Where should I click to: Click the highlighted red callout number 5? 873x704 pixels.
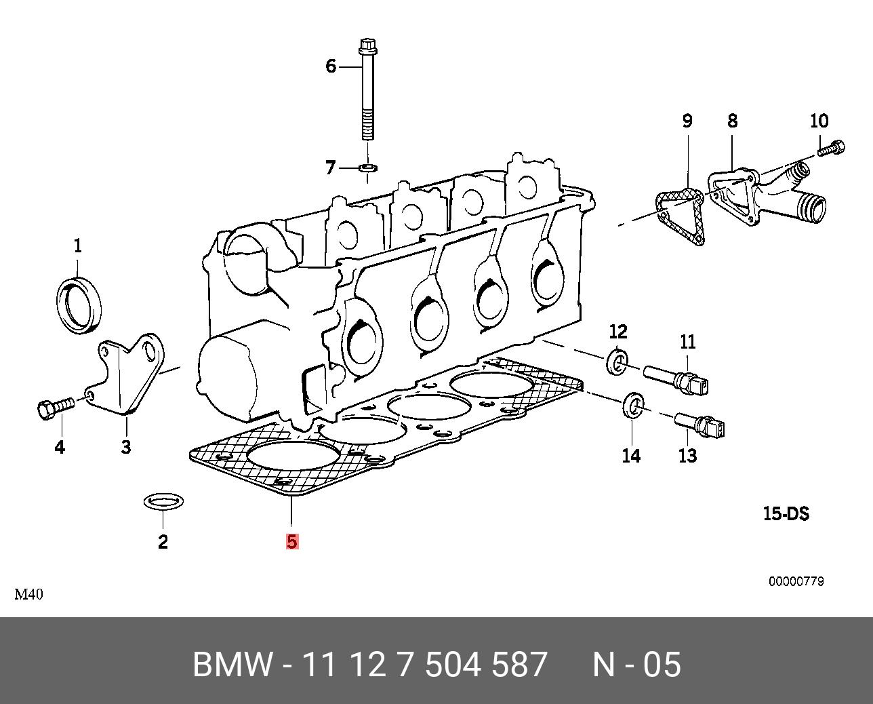click(x=292, y=541)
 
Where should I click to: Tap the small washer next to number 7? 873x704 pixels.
click(x=368, y=167)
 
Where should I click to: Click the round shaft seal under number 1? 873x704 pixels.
click(x=79, y=305)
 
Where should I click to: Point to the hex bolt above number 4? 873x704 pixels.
click(x=52, y=408)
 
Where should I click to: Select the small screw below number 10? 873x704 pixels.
click(x=831, y=147)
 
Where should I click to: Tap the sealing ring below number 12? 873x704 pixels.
click(x=617, y=361)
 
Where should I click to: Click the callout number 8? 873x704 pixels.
click(x=732, y=121)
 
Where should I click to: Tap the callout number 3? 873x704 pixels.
click(x=126, y=447)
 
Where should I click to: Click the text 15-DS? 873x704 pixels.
click(x=786, y=513)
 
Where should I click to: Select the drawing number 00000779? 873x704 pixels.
click(x=796, y=581)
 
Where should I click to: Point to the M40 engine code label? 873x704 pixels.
click(x=29, y=595)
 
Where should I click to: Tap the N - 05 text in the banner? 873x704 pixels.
click(x=636, y=665)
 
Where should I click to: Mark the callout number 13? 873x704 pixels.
click(x=687, y=456)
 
